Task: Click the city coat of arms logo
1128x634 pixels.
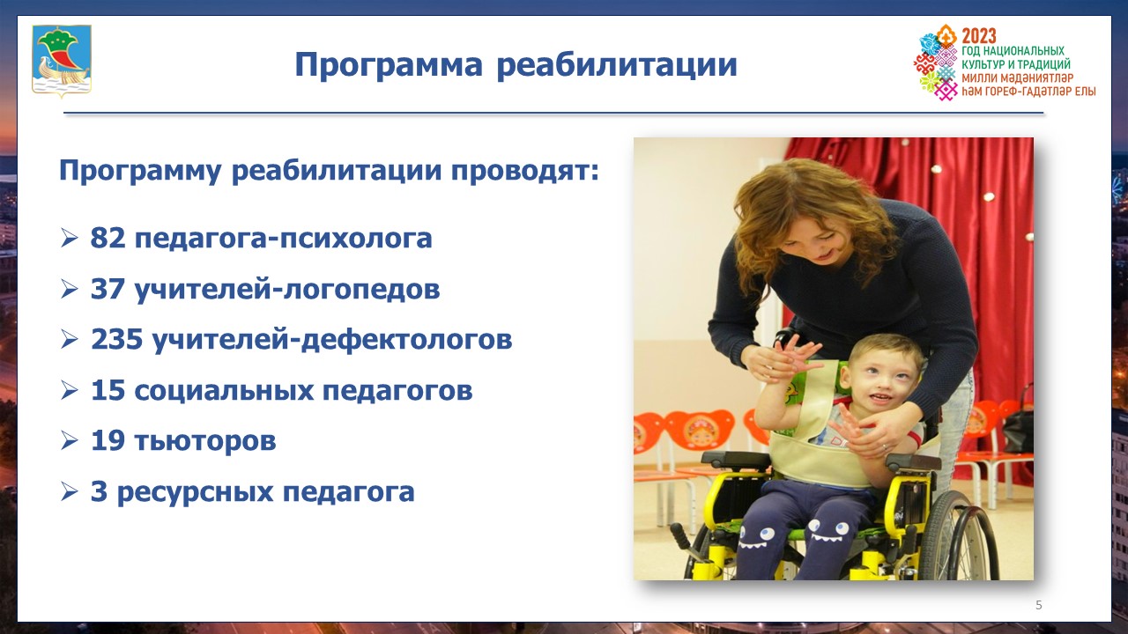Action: point(62,61)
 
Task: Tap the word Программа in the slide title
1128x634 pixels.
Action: point(389,66)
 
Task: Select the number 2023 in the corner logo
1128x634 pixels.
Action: point(979,36)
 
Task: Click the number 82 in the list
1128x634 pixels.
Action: point(108,238)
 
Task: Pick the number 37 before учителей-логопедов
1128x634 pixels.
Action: point(108,289)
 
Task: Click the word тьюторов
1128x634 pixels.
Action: point(205,441)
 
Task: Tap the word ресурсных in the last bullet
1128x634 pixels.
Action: point(196,493)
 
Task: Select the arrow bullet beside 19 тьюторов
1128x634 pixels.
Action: point(69,441)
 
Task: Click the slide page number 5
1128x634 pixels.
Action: point(1038,605)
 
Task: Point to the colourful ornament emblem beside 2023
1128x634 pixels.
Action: point(936,62)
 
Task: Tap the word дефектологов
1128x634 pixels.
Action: point(406,340)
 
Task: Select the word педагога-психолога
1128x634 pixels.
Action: point(283,239)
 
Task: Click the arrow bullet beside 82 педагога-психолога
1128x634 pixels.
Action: point(69,238)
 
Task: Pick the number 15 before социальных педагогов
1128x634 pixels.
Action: point(108,390)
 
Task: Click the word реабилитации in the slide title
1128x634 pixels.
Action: point(617,66)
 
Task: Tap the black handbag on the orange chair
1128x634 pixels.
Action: point(1018,428)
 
